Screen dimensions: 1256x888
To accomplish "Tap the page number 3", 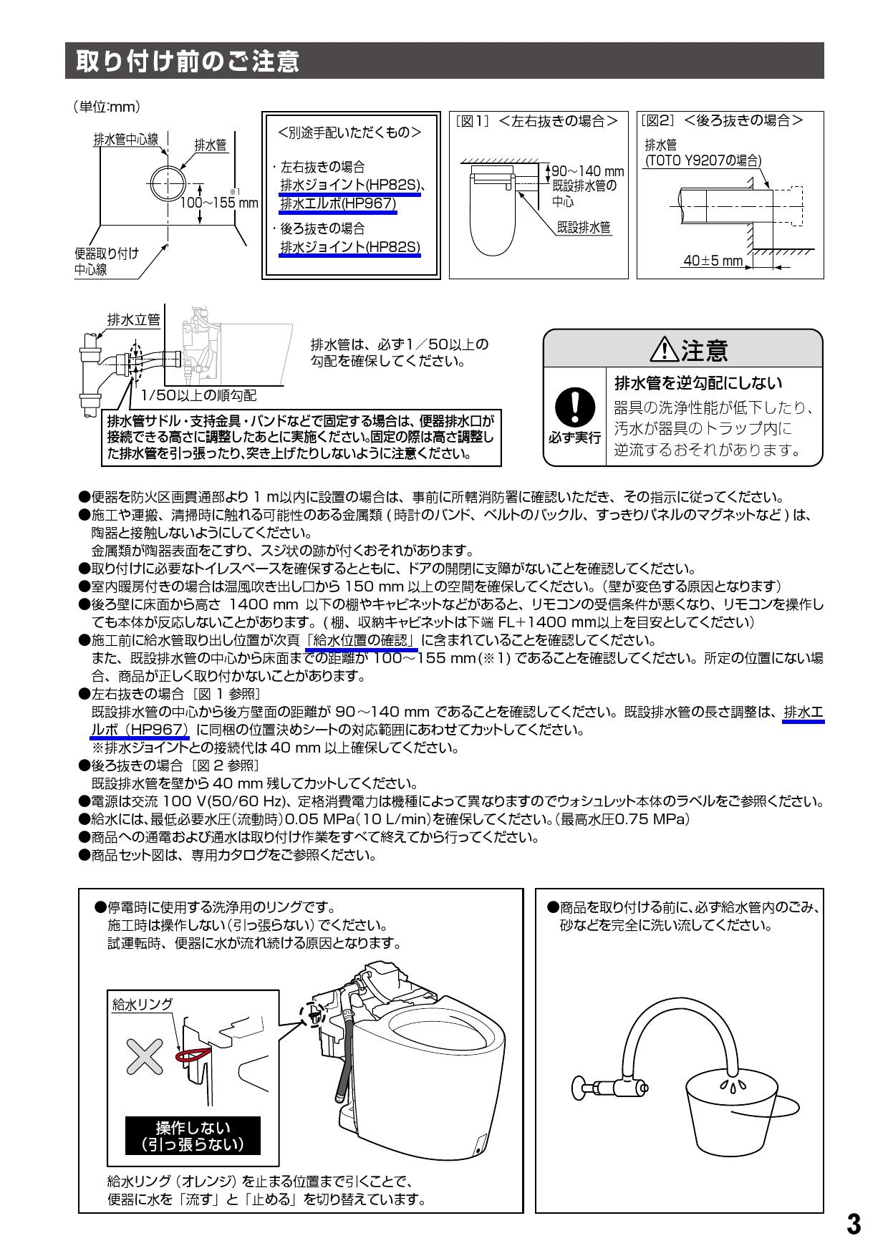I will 853,1224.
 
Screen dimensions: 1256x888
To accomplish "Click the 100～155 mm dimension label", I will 218,203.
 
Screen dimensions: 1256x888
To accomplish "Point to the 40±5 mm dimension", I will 713,261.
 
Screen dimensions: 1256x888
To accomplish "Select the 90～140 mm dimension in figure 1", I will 587,172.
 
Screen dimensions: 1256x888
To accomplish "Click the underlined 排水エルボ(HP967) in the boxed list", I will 337,204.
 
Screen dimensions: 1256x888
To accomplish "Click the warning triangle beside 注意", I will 665,350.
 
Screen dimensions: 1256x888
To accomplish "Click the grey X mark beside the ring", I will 145,1055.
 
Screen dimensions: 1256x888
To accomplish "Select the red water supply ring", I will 193,1053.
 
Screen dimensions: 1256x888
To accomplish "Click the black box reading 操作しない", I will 192,1136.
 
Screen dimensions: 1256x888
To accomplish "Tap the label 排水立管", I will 133,320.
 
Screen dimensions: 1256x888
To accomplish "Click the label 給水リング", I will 143,1004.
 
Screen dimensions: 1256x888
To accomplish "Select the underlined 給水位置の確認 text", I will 362,640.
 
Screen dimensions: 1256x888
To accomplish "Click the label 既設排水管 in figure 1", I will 584,228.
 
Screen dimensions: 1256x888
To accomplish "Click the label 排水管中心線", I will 126,140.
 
